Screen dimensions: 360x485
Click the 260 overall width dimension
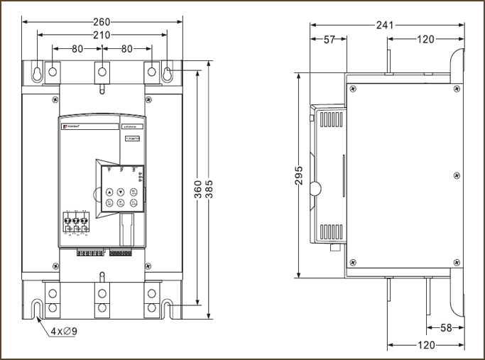click(102, 21)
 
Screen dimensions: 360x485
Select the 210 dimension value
click(102, 35)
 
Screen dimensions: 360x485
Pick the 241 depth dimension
click(385, 25)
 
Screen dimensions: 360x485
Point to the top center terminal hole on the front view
click(102, 71)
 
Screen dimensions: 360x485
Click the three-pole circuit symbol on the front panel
click(75, 222)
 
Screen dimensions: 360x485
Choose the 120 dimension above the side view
click(425, 40)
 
